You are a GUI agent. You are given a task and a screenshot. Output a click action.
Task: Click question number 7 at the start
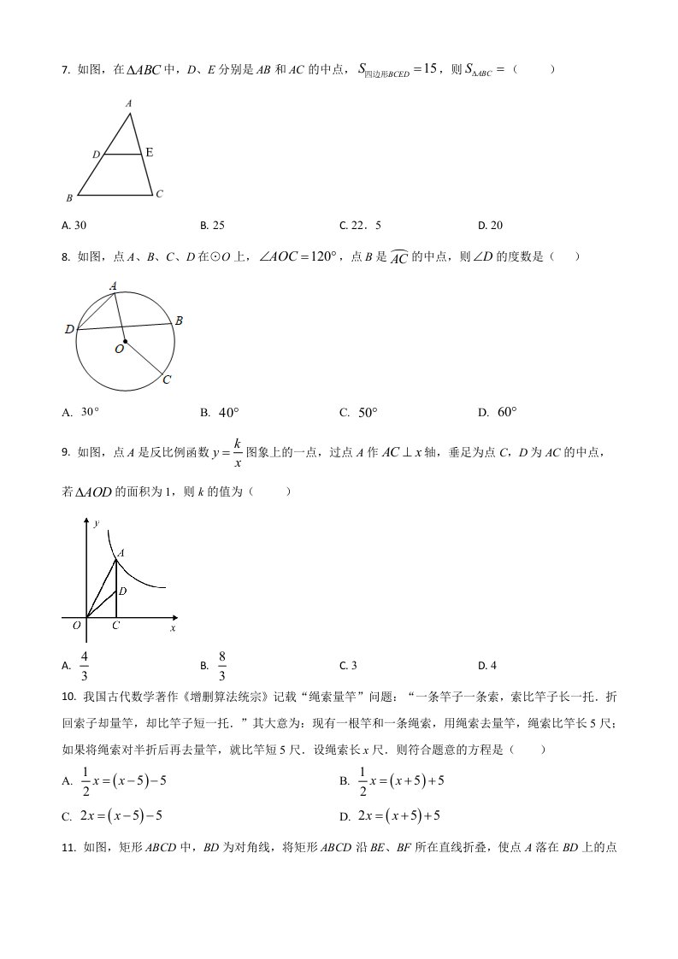point(66,70)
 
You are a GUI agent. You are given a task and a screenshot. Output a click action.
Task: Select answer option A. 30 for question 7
point(74,226)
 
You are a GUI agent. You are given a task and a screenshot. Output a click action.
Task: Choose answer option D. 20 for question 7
point(490,226)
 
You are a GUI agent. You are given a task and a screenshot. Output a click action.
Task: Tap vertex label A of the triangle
point(129,103)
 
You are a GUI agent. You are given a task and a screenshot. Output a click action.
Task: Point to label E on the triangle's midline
point(150,153)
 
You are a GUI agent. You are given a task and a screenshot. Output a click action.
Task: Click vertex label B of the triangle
point(69,198)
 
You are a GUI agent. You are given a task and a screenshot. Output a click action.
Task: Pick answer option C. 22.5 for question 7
point(360,226)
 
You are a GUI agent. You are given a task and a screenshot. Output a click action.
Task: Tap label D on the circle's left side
point(68,329)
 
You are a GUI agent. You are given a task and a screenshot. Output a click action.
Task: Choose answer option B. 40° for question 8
point(220,413)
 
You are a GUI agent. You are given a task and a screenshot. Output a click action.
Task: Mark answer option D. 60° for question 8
point(498,413)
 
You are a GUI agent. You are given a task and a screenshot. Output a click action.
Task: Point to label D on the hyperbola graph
point(123,591)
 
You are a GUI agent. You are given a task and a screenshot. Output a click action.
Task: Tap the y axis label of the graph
point(97,521)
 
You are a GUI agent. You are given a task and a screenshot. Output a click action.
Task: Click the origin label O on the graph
point(77,626)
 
